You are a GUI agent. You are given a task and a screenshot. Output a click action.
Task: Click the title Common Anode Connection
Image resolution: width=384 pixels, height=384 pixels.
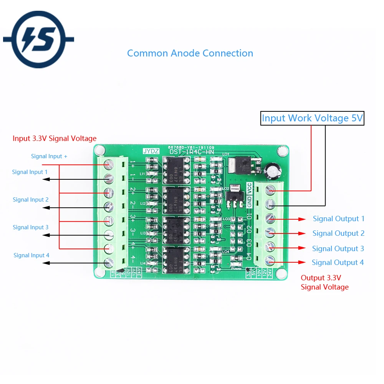coord(190,53)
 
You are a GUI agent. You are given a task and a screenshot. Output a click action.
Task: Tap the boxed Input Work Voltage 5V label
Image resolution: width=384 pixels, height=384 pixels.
coord(312,118)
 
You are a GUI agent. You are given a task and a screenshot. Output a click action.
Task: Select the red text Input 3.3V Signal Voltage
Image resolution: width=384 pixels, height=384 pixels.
coord(55,138)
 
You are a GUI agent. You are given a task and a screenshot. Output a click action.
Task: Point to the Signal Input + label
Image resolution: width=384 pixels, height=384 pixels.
coord(49,156)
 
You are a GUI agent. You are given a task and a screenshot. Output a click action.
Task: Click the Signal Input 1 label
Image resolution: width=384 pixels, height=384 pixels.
coord(30,172)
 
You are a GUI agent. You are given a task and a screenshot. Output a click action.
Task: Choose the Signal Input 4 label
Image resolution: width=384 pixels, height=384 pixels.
coord(31,255)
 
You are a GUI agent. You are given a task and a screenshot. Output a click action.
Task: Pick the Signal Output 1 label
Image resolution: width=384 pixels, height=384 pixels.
coord(338,219)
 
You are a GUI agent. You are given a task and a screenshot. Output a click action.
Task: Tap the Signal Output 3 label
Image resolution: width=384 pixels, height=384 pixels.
coord(338,248)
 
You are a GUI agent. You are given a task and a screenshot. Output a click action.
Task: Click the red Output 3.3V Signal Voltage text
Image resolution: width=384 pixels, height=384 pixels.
coord(324,282)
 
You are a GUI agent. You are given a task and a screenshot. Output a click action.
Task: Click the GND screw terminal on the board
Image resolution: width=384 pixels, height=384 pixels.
coord(271,204)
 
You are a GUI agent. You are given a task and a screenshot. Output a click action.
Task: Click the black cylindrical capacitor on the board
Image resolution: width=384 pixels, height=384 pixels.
coord(271,171)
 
